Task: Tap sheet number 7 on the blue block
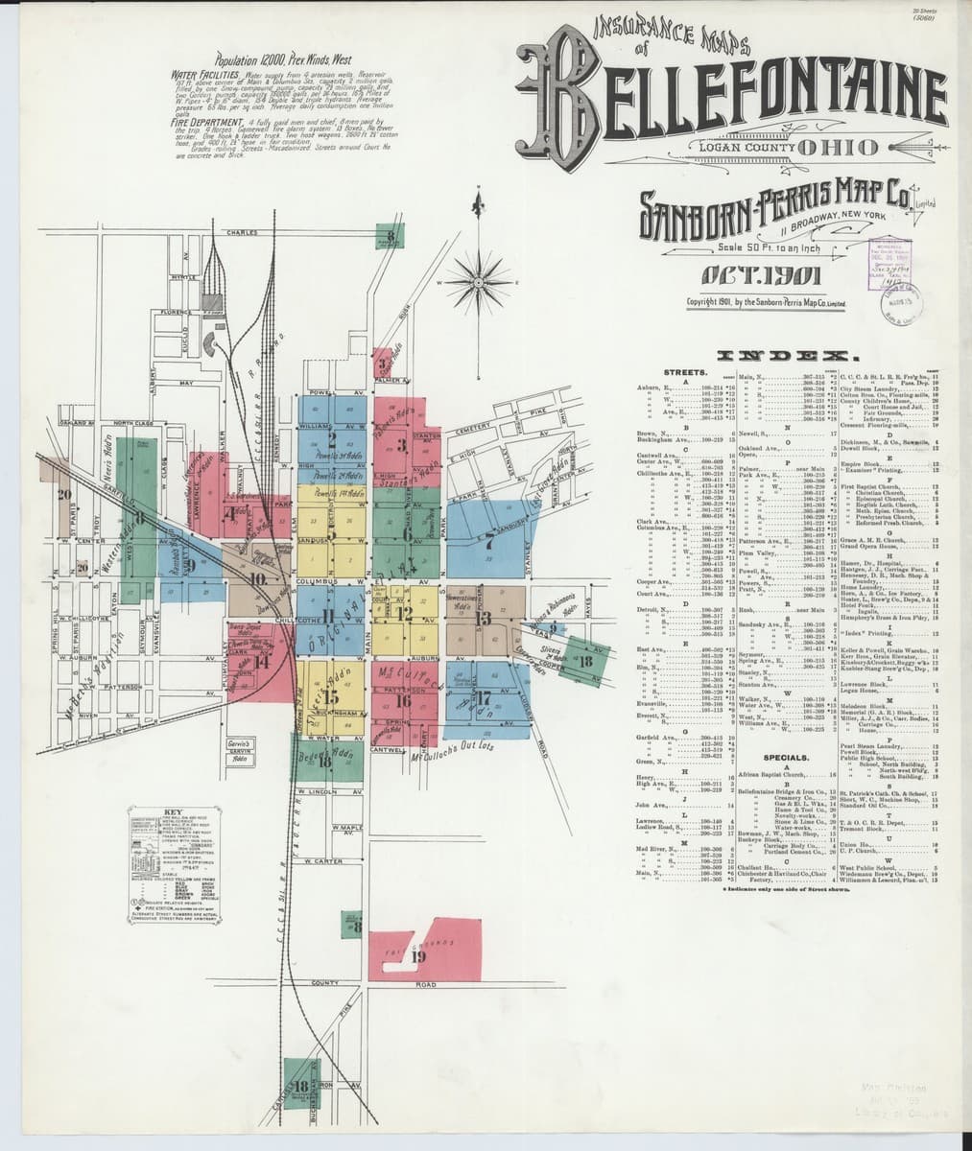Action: [x=490, y=538]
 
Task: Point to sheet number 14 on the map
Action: [x=261, y=657]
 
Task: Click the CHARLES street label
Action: [x=243, y=234]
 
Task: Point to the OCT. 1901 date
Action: [x=753, y=277]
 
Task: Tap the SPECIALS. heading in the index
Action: [x=786, y=758]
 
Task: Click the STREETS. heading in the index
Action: [x=685, y=369]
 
